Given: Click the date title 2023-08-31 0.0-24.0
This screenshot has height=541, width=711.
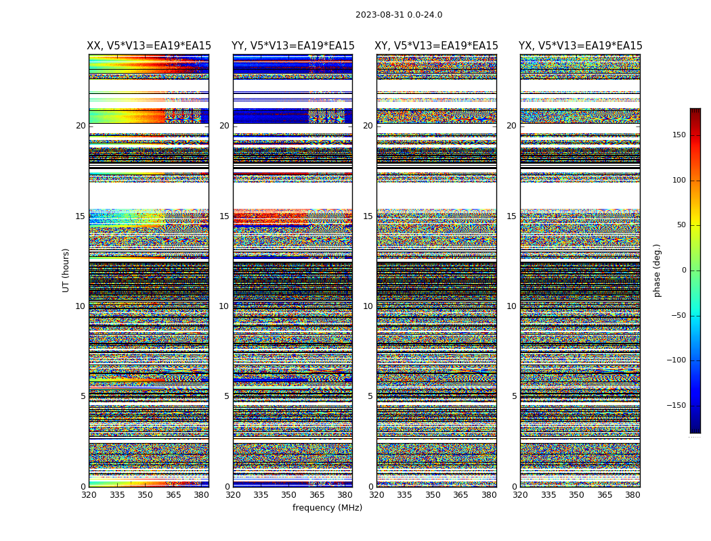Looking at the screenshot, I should pos(399,15).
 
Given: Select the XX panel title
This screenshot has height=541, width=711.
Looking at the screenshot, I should pos(149,46).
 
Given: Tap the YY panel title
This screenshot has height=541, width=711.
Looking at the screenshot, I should pos(293,46).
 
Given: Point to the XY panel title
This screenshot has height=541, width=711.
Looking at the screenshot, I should pos(436,46).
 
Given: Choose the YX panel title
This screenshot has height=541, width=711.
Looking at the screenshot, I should pos(580,46).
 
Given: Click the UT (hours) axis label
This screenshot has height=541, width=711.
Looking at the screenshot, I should pos(66,270).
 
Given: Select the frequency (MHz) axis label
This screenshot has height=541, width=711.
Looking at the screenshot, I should pos(327,508).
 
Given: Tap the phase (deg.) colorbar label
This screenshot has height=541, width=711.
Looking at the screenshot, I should pos(657,270).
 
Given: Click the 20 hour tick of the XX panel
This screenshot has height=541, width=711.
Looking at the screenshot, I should pos(81,126).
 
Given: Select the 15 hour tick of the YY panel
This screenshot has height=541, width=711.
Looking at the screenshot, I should pos(225,216).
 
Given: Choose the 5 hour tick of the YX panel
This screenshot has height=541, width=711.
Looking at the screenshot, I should pos(515,396).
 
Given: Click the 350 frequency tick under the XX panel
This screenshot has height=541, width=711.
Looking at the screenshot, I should pos(145,495).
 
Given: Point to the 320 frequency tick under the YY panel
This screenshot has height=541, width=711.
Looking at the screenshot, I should pos(233,495).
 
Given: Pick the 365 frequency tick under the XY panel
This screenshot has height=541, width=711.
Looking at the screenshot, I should pos(460,495).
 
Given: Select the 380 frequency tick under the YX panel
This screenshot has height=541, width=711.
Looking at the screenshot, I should pos(632,495).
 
